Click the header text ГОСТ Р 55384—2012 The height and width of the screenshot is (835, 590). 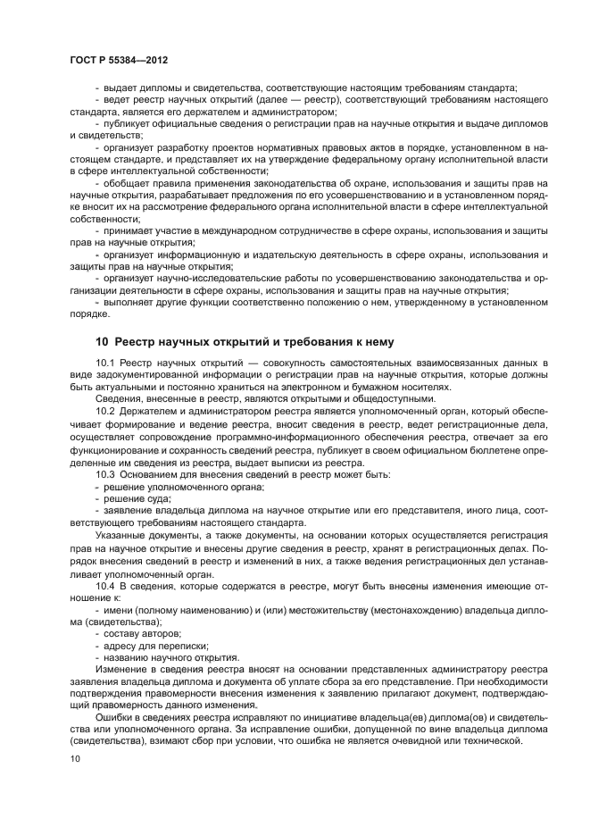[x=119, y=58]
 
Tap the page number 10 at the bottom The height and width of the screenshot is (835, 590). [x=75, y=758]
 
